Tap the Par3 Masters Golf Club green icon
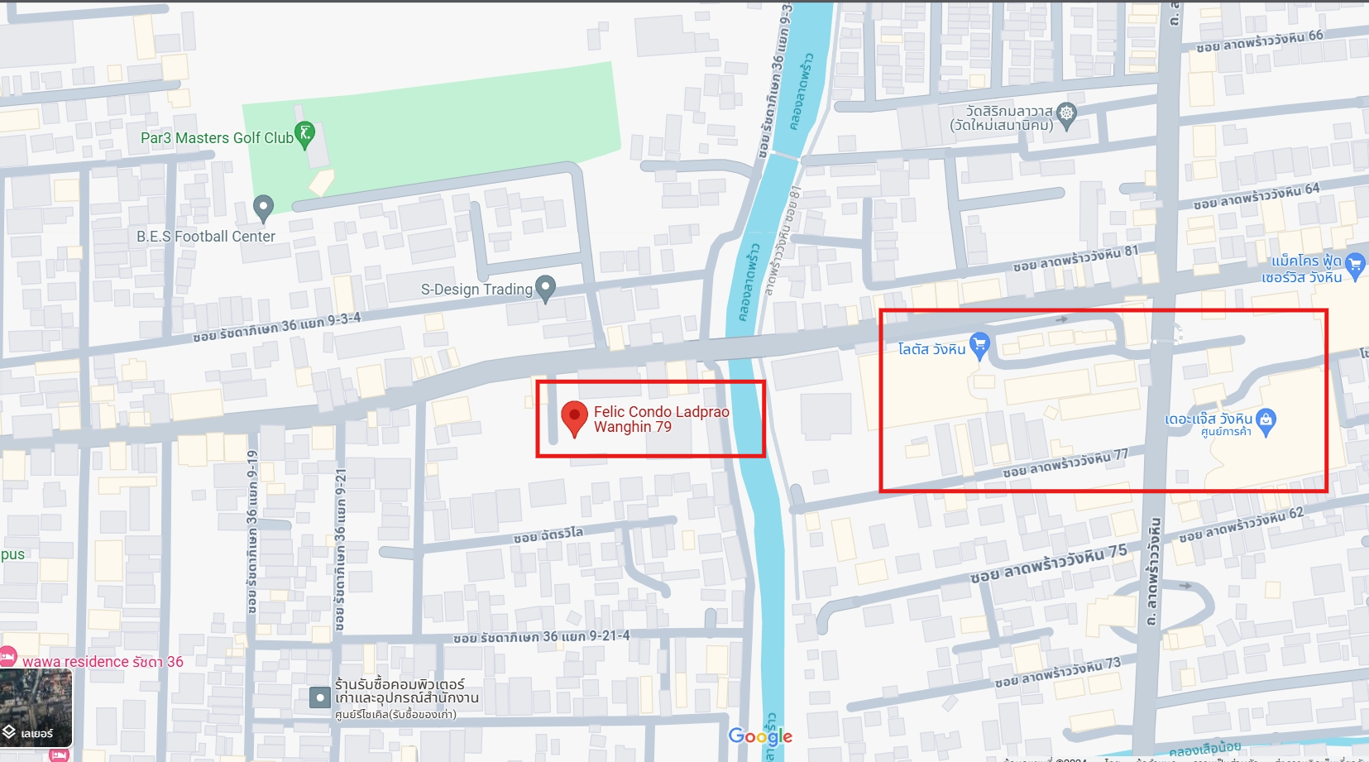click(304, 134)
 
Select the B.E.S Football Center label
click(206, 237)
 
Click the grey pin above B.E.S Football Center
click(263, 207)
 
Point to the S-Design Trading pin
click(545, 287)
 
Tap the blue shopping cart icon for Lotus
click(979, 344)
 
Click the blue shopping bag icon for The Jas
click(1266, 420)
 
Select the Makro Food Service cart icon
click(1355, 265)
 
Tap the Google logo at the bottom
click(760, 736)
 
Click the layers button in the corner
click(36, 708)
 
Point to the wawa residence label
click(103, 662)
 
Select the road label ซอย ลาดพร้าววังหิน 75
click(1048, 563)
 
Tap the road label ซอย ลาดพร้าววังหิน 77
click(1065, 464)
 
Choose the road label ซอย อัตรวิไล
click(548, 535)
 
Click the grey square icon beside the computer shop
click(320, 697)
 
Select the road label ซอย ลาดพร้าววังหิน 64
click(1257, 196)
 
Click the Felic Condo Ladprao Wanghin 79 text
click(661, 419)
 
